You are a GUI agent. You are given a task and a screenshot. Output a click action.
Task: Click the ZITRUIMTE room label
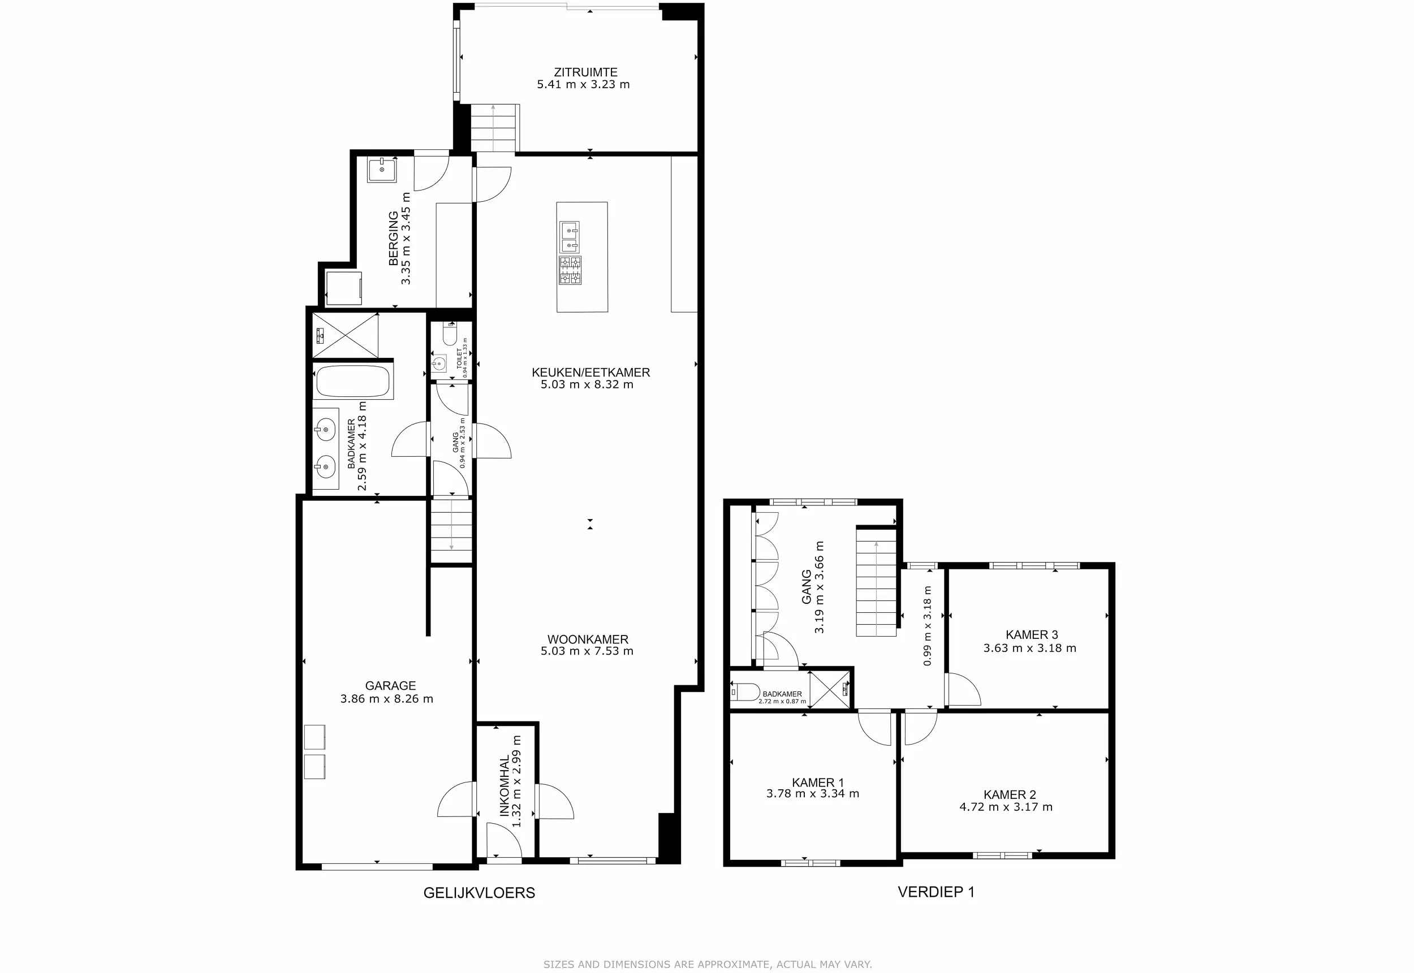point(585,72)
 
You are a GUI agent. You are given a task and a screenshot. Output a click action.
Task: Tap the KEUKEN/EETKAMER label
point(591,372)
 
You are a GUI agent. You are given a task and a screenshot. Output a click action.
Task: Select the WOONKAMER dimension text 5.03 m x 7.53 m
point(587,651)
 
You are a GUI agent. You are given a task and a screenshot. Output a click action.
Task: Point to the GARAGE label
point(390,686)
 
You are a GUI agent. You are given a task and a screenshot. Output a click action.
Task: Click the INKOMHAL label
point(505,786)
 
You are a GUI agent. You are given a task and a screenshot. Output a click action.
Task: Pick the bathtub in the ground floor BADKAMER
point(353,381)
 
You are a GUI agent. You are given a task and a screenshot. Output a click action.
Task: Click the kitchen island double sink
point(570,237)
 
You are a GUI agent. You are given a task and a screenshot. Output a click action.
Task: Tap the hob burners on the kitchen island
point(570,270)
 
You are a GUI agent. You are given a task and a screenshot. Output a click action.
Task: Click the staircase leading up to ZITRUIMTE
point(494,127)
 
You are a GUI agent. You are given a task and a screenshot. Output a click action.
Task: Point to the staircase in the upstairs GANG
point(876,582)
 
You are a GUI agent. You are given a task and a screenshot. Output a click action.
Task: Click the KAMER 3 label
point(1032,635)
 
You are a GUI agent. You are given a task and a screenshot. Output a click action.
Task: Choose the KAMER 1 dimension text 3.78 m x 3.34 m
point(813,794)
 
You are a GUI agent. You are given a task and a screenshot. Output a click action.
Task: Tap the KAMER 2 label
point(1010,794)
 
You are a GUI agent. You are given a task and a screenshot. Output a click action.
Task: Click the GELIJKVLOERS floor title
point(479,893)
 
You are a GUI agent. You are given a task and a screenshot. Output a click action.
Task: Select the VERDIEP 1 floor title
point(936,892)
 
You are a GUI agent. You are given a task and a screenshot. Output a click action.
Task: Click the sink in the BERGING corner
point(382,170)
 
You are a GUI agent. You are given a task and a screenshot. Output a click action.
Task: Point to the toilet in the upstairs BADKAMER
point(744,692)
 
